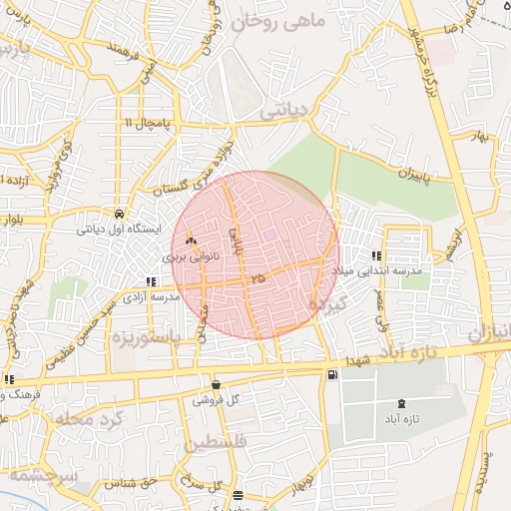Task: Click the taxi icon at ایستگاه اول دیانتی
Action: coord(120,214)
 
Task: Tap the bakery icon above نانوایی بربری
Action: coord(191,241)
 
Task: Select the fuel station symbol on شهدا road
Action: coord(331,375)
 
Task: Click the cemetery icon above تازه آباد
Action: coord(401,402)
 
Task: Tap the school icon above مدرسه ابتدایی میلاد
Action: coord(376,255)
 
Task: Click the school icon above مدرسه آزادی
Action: coord(151,282)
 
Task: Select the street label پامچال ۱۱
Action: coord(148,122)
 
